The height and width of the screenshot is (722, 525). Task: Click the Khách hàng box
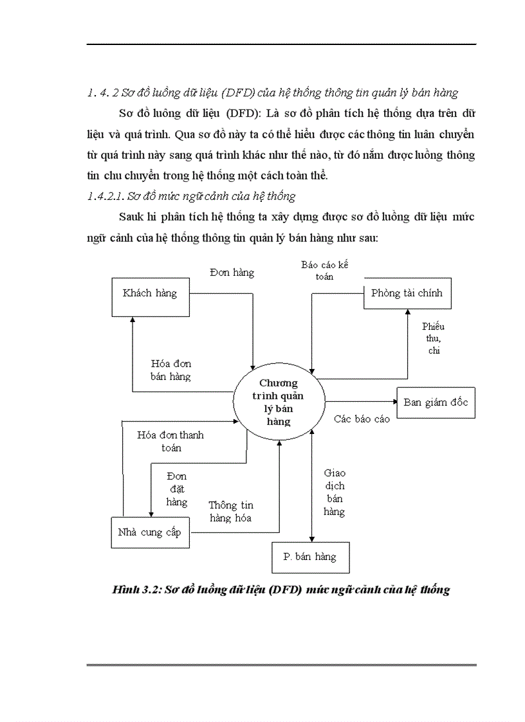149,294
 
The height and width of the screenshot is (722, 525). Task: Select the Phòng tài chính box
407,294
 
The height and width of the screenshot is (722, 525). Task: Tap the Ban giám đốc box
436,403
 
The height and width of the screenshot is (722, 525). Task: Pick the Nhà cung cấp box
149,532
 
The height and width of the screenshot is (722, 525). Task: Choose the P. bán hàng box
309,557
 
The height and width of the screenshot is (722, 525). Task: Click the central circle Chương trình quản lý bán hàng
279,402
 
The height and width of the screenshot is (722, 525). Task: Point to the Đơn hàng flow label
232,273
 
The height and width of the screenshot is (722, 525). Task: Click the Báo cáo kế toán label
324,271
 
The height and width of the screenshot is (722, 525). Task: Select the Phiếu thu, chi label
433,338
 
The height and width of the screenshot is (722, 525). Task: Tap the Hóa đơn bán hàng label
170,370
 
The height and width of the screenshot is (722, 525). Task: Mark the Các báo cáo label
362,419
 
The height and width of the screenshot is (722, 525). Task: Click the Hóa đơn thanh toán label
170,441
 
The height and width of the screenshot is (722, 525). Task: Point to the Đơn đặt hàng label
176,489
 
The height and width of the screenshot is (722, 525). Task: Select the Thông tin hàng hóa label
230,512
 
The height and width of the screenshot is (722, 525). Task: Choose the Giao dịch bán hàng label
335,492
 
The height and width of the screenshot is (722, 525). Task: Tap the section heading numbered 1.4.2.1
190,197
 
